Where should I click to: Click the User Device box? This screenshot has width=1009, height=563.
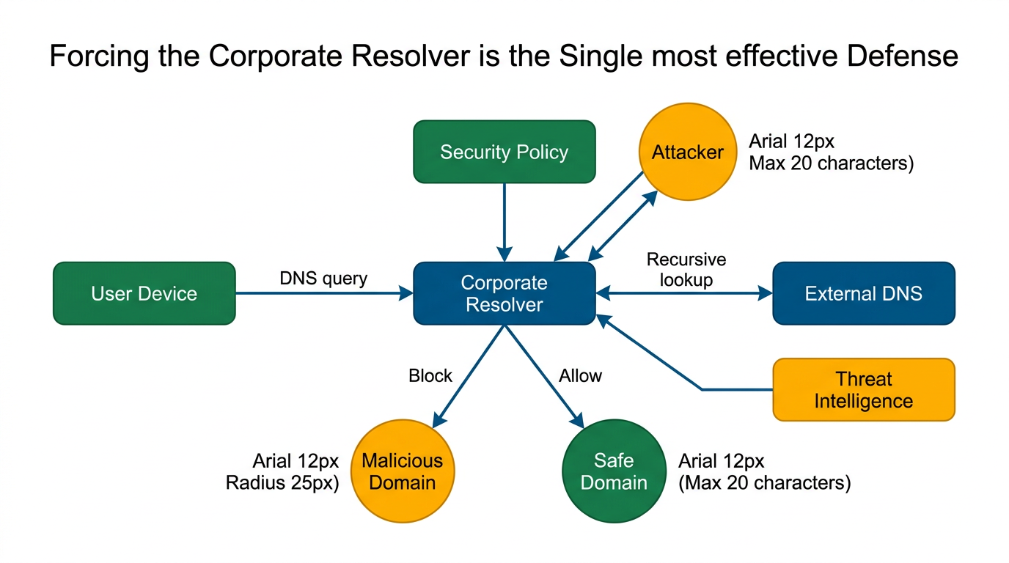(x=144, y=293)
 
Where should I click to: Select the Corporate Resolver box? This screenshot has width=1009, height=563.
(x=504, y=293)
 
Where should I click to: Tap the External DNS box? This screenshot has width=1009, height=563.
(x=864, y=293)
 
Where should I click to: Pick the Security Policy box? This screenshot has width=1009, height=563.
(x=504, y=152)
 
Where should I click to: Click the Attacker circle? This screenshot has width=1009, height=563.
(x=688, y=152)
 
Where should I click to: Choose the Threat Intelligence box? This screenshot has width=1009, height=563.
(x=864, y=390)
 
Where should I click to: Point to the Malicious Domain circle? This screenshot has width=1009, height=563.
(x=403, y=471)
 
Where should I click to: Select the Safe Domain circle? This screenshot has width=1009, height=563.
(x=614, y=471)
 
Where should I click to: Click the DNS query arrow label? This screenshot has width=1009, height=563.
(x=323, y=279)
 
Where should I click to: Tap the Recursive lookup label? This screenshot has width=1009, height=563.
(x=686, y=270)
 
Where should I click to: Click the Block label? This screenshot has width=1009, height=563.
(x=430, y=376)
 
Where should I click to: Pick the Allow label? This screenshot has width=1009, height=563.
(x=580, y=376)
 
